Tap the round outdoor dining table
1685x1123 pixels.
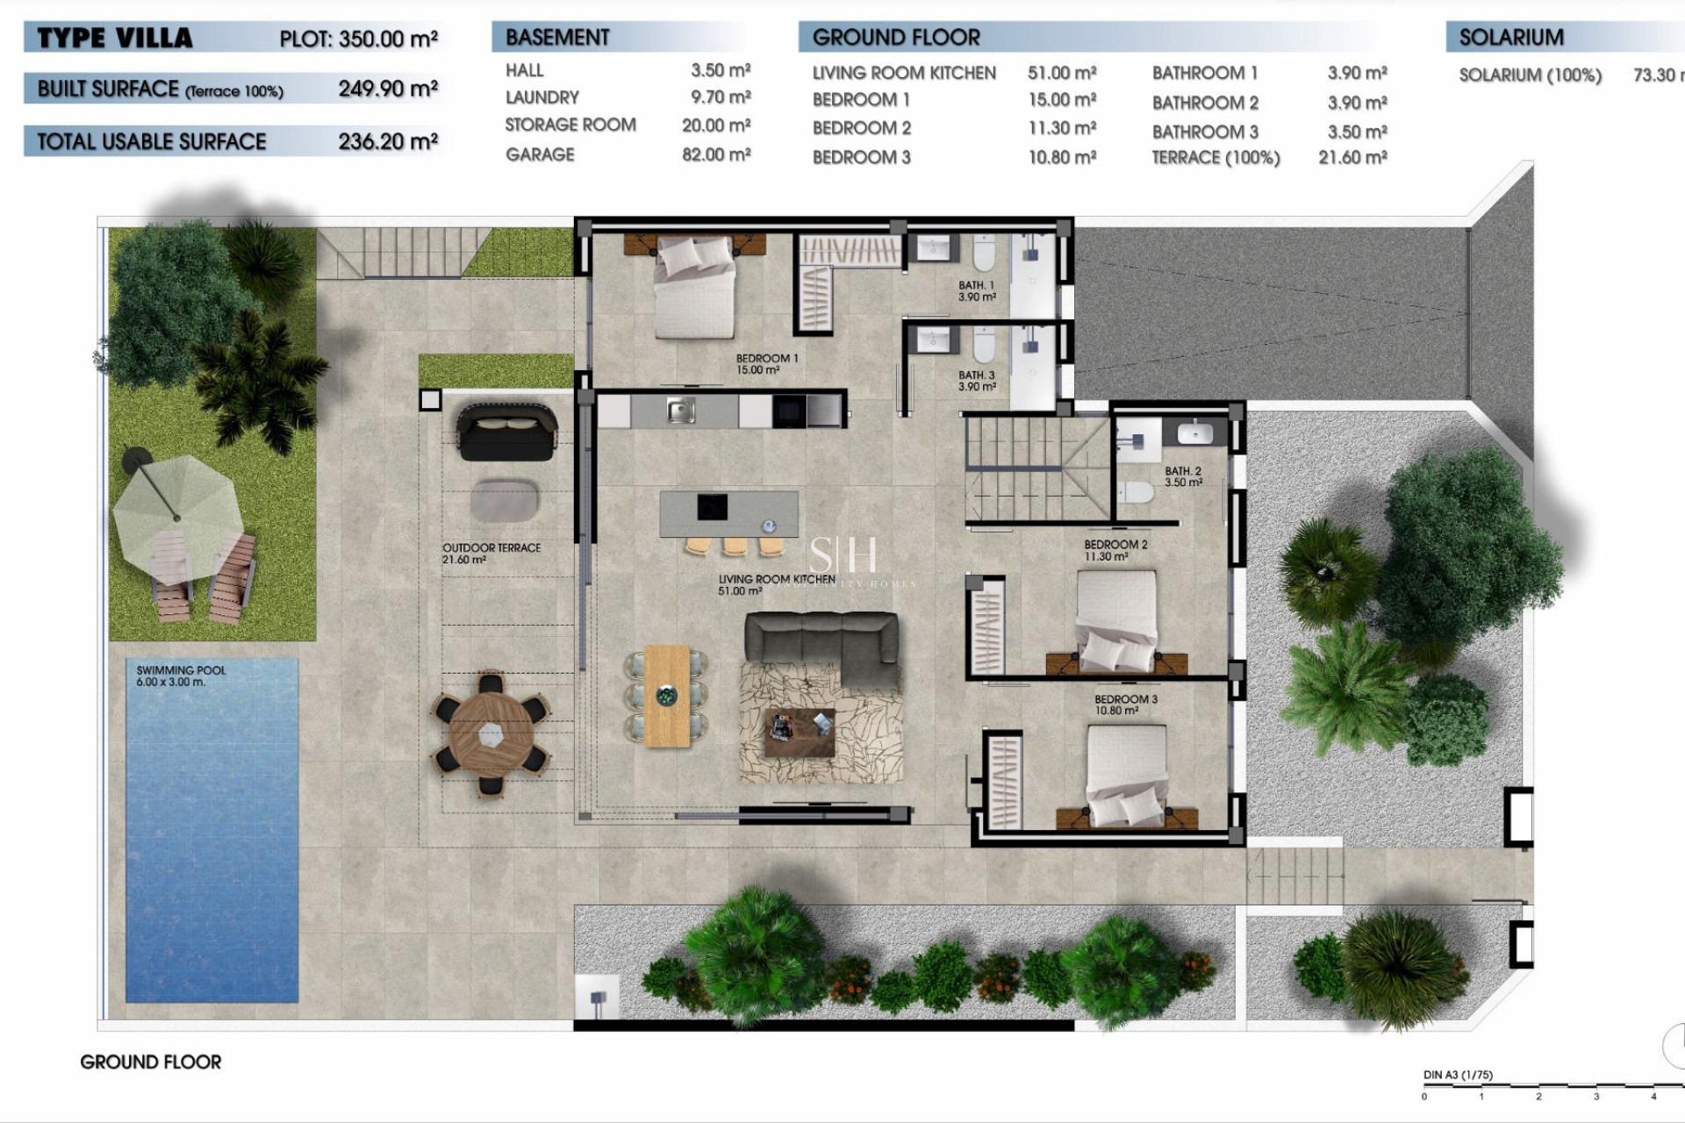pos(491,733)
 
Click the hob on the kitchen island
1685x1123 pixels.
pos(712,506)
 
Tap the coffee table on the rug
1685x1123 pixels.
pos(799,733)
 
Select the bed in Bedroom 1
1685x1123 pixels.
pos(695,289)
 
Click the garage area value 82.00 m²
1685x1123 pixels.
pos(716,154)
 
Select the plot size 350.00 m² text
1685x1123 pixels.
pos(358,39)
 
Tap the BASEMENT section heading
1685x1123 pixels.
pos(557,38)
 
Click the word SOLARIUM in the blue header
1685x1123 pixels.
pos(1510,38)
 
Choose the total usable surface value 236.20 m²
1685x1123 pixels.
pos(388,141)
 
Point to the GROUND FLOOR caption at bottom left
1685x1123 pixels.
pos(150,1062)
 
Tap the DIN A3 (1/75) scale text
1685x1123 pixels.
pos(1457,1075)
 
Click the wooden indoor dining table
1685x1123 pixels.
pos(667,696)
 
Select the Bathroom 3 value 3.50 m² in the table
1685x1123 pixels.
pos(1357,132)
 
